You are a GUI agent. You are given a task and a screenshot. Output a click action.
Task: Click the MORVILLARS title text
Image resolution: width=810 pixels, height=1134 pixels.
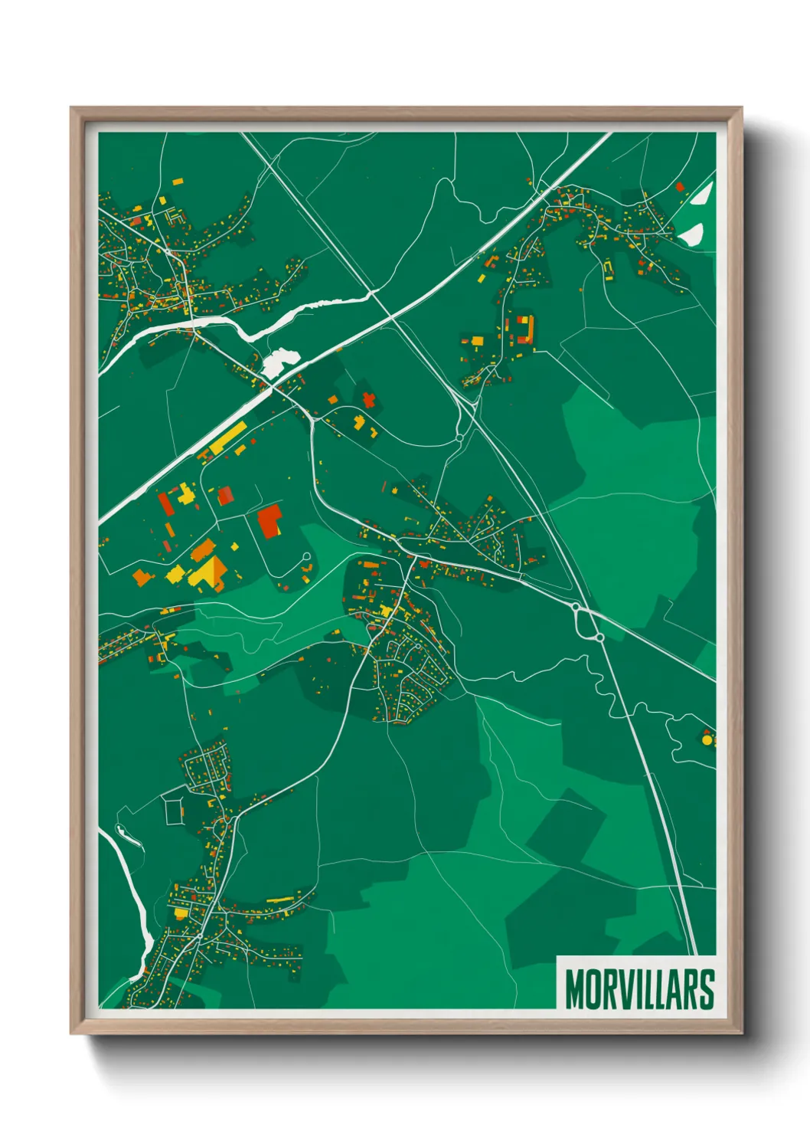coord(639,989)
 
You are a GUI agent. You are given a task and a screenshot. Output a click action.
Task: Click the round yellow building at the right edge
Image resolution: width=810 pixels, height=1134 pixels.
coord(707,740)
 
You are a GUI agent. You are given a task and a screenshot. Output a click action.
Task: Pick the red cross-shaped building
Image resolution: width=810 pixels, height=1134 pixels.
coord(369,399)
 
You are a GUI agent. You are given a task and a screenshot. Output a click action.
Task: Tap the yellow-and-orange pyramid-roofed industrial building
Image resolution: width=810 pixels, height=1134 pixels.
coord(209,572)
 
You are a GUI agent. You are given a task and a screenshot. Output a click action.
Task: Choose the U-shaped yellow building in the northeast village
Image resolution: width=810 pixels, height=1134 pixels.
coord(609,270)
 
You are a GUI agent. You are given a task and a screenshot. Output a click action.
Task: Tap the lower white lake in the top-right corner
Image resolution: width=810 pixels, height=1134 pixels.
coord(691,234)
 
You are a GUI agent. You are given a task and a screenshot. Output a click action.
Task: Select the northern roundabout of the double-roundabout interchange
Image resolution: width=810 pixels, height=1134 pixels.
coord(576,607)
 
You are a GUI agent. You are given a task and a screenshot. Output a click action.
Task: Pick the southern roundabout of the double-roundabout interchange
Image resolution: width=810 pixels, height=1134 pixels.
coord(600,637)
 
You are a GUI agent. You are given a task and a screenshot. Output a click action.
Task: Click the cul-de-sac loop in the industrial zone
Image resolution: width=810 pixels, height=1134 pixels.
coord(306,558)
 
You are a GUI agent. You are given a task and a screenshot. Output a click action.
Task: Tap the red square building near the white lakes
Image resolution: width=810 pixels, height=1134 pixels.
coord(679,186)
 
